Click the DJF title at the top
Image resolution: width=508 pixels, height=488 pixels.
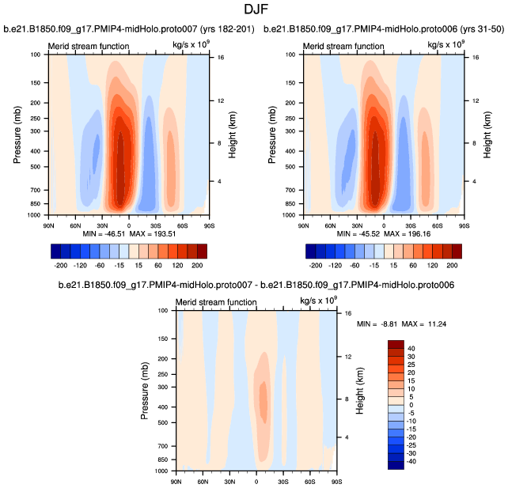[253, 11]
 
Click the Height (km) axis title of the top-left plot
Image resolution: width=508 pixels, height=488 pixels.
[233, 134]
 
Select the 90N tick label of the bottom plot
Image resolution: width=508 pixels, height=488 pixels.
[176, 479]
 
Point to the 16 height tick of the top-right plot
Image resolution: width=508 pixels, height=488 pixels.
[471, 58]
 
